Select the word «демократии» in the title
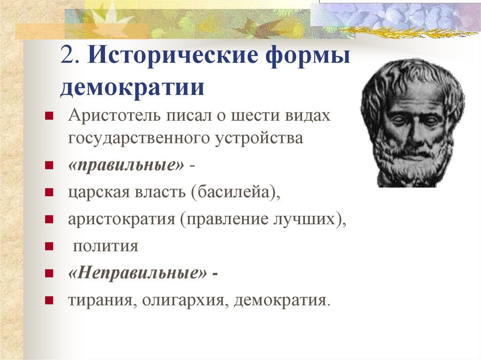pyautogui.click(x=132, y=87)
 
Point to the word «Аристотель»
pyautogui.click(x=115, y=115)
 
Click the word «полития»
pyautogui.click(x=106, y=246)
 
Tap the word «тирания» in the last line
pyautogui.click(x=101, y=300)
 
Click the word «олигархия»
pyautogui.click(x=183, y=300)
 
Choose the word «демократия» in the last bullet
pyautogui.click(x=280, y=300)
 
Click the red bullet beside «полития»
pyautogui.click(x=49, y=246)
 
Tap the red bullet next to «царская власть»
pyautogui.click(x=49, y=192)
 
